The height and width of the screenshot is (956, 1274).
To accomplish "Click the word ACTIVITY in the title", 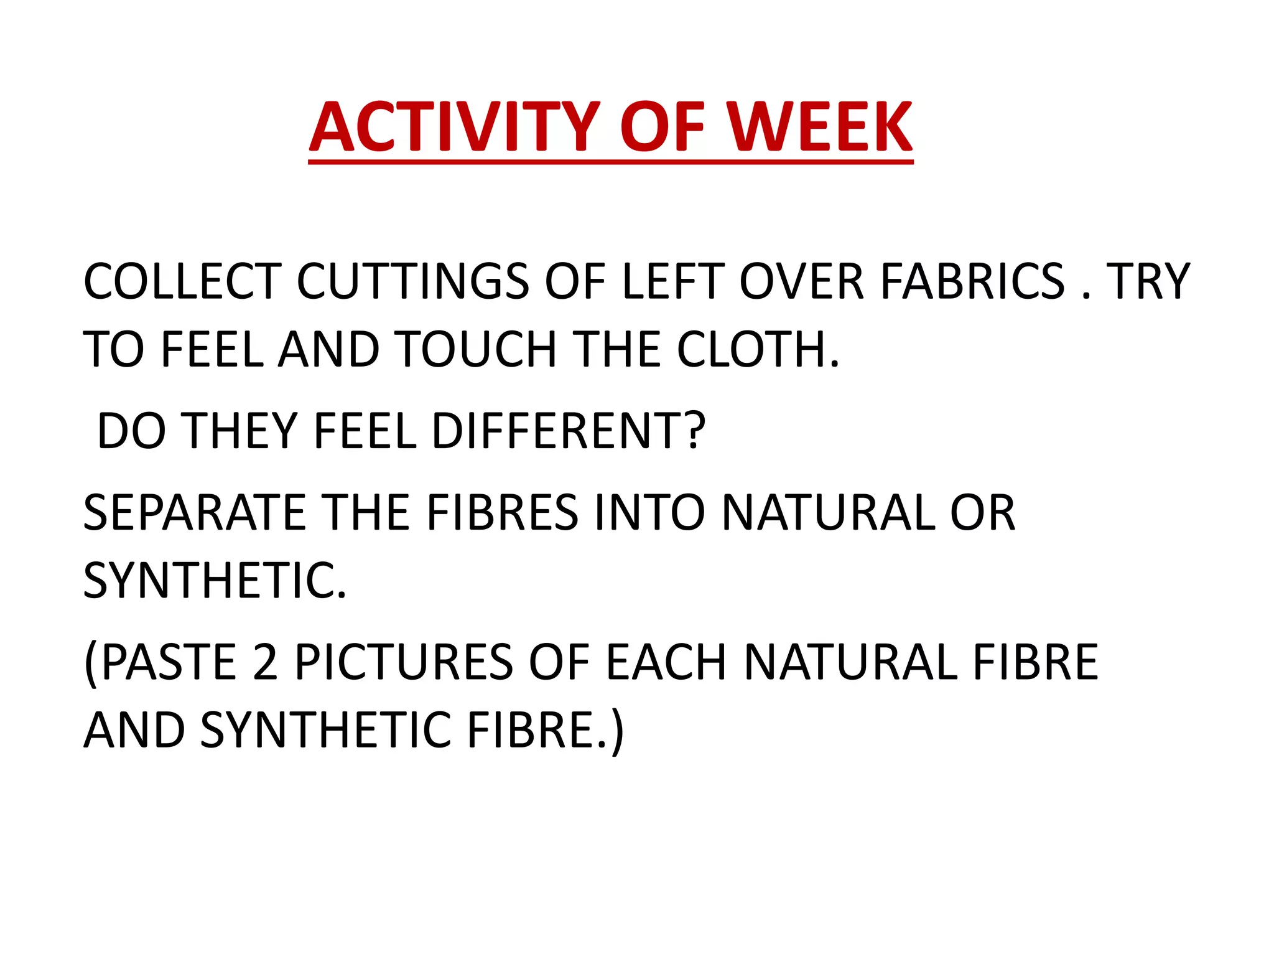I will pyautogui.click(x=453, y=128).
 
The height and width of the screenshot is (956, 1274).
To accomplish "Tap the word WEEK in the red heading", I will pyautogui.click(x=820, y=128).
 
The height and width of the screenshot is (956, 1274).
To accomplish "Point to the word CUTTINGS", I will pyautogui.click(x=413, y=281).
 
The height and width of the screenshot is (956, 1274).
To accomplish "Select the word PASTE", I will pyautogui.click(x=168, y=662).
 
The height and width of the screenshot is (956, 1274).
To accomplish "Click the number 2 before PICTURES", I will pyautogui.click(x=266, y=662).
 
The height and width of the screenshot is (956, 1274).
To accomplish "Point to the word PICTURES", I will pyautogui.click(x=404, y=662).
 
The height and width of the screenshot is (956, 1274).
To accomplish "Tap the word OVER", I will pyautogui.click(x=802, y=281).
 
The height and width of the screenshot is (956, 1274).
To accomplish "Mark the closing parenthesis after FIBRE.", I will pyautogui.click(x=616, y=731).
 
